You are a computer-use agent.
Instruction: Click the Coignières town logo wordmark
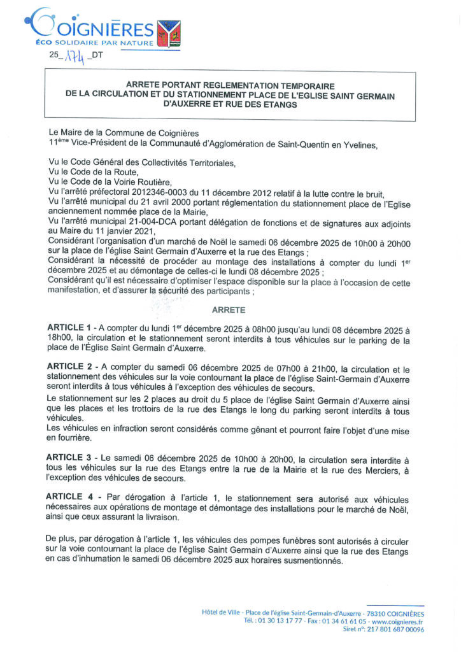[96, 27]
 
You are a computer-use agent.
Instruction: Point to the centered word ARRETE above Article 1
[230, 310]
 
